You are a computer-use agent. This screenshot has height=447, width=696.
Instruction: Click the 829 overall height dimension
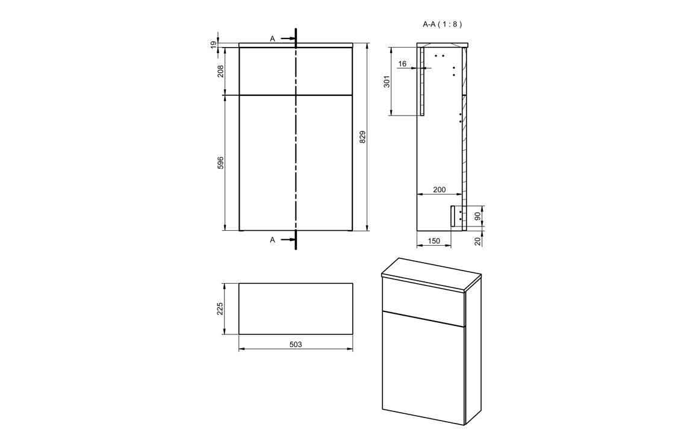[x=362, y=137]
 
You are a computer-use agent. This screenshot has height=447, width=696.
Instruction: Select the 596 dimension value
[x=220, y=163]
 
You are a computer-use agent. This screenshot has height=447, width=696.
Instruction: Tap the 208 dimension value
[x=220, y=70]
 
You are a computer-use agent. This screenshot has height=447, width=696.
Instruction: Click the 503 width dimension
[x=295, y=345]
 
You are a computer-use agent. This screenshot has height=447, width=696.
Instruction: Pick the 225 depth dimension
[x=220, y=308]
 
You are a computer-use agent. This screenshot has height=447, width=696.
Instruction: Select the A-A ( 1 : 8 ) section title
[x=442, y=24]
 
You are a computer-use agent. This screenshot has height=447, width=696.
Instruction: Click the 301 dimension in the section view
[x=387, y=81]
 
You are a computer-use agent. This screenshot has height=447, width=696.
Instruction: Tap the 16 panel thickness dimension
[x=402, y=63]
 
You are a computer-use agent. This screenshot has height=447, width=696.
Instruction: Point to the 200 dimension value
[x=440, y=190]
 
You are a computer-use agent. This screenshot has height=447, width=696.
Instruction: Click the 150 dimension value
[x=434, y=241]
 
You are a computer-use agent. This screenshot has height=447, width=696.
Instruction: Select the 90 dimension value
[x=477, y=216]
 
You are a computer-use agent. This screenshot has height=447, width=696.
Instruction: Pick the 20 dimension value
[x=477, y=240]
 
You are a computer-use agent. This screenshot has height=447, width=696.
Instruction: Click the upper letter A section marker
[x=272, y=39]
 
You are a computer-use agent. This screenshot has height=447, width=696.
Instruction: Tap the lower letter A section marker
[x=272, y=240]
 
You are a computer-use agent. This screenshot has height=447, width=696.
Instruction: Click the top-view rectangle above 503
[x=296, y=308]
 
